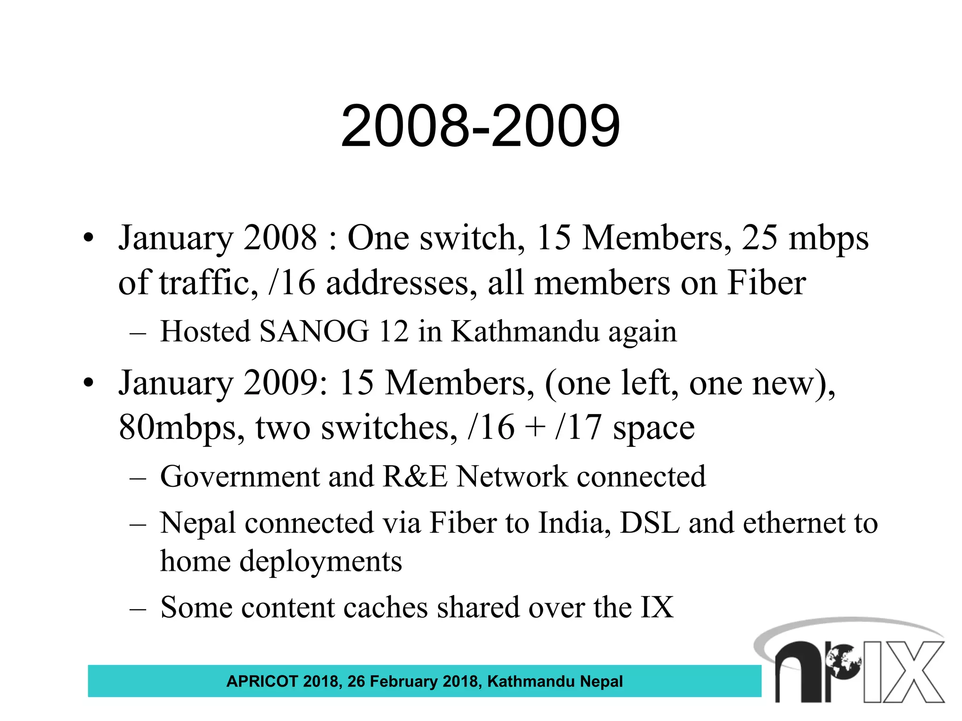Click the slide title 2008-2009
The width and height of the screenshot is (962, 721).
[480, 126]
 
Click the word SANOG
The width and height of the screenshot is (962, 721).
[314, 331]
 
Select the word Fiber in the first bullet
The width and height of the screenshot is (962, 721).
[767, 283]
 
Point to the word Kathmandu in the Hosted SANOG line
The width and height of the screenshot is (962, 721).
[525, 331]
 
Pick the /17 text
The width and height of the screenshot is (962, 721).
[578, 428]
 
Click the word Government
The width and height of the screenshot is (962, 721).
[240, 476]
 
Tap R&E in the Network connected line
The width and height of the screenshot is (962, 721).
[415, 476]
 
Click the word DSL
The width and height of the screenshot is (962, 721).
[650, 522]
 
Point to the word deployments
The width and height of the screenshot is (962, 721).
[321, 561]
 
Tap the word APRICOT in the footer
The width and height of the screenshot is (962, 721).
[262, 681]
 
